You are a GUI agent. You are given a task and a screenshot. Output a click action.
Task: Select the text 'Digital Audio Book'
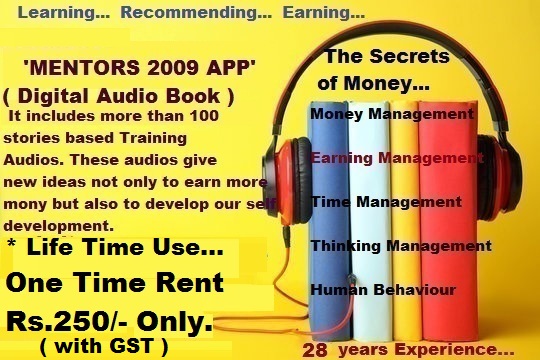[119, 96]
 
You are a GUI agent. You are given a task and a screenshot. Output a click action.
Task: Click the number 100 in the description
[204, 116]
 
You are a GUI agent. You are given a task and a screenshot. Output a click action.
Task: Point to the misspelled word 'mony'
[24, 205]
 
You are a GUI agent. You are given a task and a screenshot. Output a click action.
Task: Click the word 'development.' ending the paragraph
[59, 226]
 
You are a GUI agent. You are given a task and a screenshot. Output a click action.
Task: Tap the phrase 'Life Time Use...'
[125, 247]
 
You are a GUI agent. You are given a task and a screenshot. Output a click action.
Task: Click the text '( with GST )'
[104, 346]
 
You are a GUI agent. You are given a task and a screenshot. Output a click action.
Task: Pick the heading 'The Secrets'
[387, 56]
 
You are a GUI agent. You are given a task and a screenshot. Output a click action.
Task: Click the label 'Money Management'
[392, 114]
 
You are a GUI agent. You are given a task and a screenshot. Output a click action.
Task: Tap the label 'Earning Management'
[397, 158]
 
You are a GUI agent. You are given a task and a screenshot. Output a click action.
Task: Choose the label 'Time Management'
[386, 202]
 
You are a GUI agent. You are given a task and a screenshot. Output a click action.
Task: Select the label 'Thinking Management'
[401, 246]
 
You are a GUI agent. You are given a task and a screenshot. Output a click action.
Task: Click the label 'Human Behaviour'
[383, 290]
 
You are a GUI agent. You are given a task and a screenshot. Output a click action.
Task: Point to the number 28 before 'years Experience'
[315, 350]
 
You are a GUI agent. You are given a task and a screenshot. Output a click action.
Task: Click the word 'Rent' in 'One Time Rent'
[189, 283]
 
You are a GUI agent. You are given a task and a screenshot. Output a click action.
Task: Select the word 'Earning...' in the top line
[323, 13]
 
